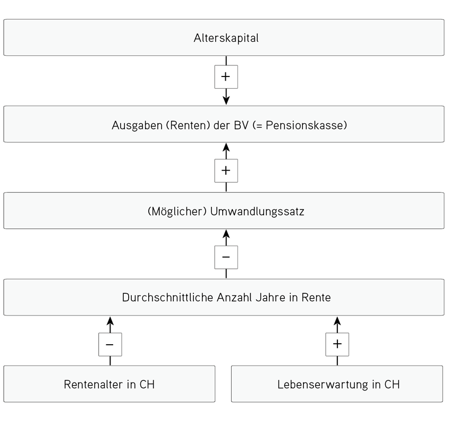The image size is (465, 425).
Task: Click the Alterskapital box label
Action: pos(226,38)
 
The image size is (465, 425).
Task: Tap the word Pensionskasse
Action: pos(305,125)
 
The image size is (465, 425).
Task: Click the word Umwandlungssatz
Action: pos(257,212)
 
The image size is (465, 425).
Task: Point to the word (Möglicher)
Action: pos(177,211)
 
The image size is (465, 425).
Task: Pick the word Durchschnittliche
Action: pos(168,297)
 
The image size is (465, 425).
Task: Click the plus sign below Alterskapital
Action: pos(226,76)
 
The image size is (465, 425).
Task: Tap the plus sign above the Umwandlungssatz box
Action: pos(226,171)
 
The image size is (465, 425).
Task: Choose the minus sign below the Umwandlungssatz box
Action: pos(226,257)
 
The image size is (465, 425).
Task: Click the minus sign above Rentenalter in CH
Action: pos(109,345)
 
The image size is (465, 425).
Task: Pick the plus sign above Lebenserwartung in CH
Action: pos(337,344)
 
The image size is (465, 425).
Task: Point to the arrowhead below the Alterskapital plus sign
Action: pos(226,100)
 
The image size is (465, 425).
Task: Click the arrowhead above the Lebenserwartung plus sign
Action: pos(337,321)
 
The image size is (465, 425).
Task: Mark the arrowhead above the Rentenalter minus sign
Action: pos(110,321)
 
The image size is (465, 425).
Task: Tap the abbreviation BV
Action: pos(241,125)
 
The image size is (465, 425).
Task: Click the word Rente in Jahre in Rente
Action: pos(316,297)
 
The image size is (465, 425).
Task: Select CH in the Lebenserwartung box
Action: pos(392,385)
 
